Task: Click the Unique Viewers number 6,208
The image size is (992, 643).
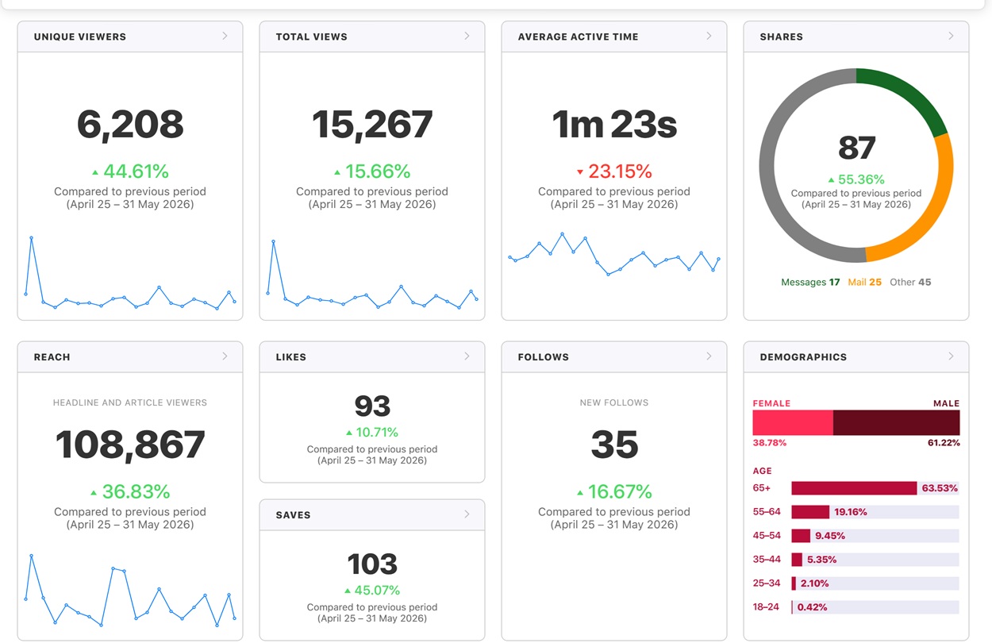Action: pos(130,125)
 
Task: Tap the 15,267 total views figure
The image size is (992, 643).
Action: pos(372,125)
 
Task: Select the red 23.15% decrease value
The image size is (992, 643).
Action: pos(620,171)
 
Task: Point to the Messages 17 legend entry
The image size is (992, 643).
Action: pos(810,282)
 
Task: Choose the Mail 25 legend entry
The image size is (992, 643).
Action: pos(864,282)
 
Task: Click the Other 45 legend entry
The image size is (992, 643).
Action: pos(910,282)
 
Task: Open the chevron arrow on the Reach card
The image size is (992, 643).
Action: pos(225,356)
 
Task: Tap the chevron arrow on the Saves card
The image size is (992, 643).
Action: pos(467,514)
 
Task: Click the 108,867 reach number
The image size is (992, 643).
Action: pos(130,445)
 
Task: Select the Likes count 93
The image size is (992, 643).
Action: pos(372,406)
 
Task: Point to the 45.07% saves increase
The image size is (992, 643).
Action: pos(377,591)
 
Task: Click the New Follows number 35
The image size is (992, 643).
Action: pos(614,445)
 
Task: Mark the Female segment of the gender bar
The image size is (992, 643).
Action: pos(793,422)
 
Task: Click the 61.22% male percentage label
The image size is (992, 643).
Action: pos(944,443)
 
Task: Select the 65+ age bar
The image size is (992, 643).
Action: pos(854,488)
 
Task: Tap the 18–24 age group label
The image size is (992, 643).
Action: pos(766,606)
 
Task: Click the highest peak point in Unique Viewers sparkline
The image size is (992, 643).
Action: pos(31,238)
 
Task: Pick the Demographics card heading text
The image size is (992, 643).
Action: pos(803,357)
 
